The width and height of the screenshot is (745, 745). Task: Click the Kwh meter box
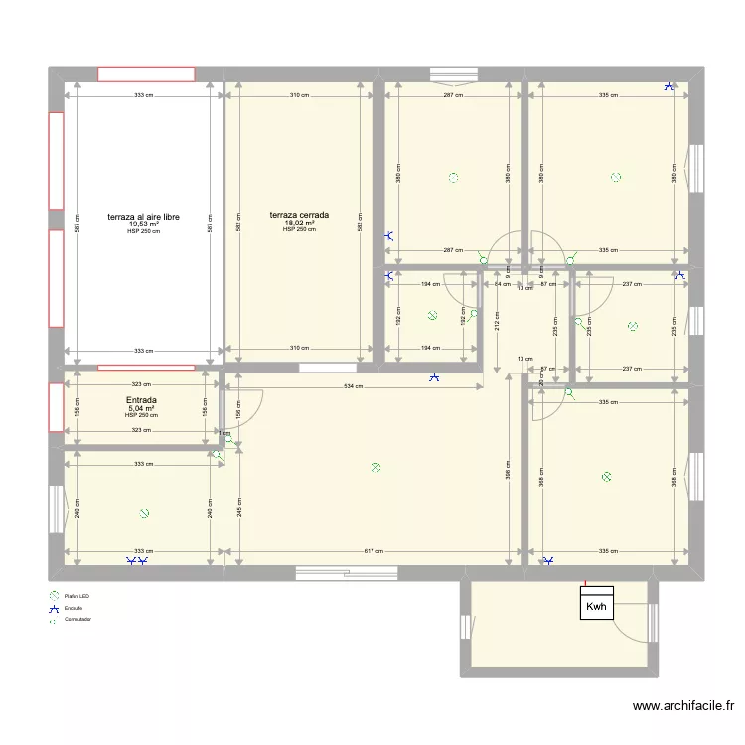click(596, 606)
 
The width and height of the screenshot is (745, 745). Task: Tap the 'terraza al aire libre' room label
click(144, 216)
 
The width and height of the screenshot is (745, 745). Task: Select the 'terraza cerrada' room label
click(299, 214)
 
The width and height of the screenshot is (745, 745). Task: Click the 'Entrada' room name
click(141, 401)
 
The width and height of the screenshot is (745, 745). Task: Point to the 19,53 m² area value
click(144, 224)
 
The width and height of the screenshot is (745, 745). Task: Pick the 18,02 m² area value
click(299, 223)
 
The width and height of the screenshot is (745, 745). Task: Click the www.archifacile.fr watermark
click(683, 707)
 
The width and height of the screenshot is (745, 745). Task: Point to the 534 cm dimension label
click(352, 384)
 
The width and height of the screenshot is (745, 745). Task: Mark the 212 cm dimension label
click(495, 320)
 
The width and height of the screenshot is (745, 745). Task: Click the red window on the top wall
click(146, 74)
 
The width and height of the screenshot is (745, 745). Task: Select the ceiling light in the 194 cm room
click(432, 316)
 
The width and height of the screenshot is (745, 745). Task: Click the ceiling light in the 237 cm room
click(633, 325)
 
